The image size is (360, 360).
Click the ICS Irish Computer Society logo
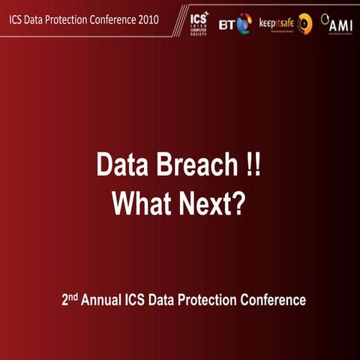click(x=199, y=23)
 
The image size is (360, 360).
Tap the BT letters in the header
click(x=226, y=25)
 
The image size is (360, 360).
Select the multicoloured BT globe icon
click(x=244, y=24)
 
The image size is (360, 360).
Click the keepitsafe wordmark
click(x=275, y=22)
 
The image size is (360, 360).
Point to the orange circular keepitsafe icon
click(x=304, y=23)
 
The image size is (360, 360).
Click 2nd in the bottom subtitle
click(x=70, y=299)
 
